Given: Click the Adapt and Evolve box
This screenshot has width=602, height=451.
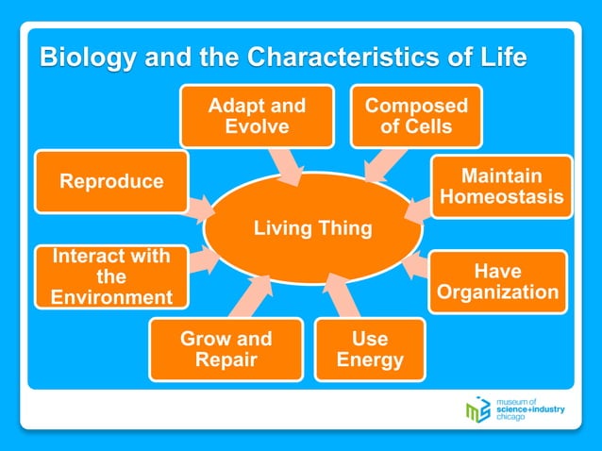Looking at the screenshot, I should tap(257, 116).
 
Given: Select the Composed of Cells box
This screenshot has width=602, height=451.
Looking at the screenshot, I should tap(416, 116).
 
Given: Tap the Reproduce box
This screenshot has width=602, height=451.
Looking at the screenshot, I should tap(111, 181).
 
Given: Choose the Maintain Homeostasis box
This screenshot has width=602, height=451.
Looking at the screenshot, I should tap(502, 187).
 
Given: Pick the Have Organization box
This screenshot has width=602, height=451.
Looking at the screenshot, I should tap(497, 281).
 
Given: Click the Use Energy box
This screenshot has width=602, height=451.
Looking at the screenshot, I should tap(370, 349).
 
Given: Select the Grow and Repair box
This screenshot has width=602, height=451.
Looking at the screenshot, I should tap(226, 349).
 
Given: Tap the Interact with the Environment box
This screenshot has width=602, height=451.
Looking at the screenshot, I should tap(110, 276).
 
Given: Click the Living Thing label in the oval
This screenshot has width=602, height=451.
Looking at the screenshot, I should tap(313, 228).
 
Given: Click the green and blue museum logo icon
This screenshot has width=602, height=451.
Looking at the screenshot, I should tap(477, 410).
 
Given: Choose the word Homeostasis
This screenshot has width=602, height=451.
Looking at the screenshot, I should tap(502, 198).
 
